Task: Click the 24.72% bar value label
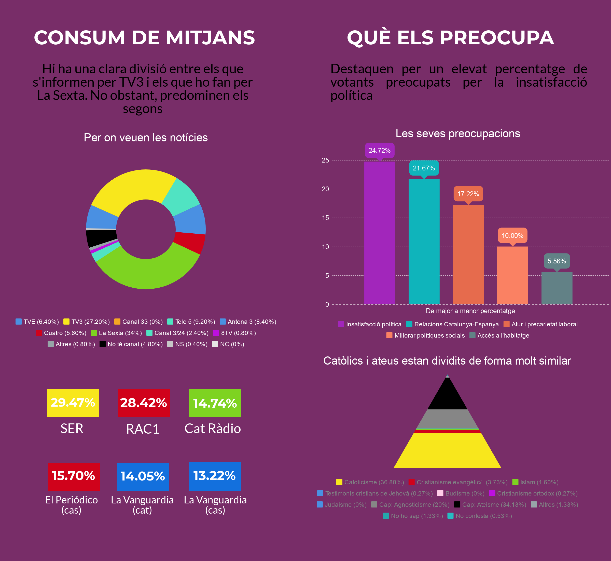pyautogui.click(x=380, y=151)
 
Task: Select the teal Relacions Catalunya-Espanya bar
pyautogui.click(x=424, y=242)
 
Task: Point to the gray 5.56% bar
pyautogui.click(x=557, y=288)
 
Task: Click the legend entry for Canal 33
pyautogui.click(x=139, y=322)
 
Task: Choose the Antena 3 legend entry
pyautogui.click(x=248, y=322)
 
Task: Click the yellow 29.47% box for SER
pyautogui.click(x=73, y=403)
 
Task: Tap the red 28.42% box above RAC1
pyautogui.click(x=144, y=403)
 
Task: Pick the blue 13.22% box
pyautogui.click(x=215, y=476)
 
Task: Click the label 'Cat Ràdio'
pyautogui.click(x=213, y=429)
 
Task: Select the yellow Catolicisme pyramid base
pyautogui.click(x=448, y=451)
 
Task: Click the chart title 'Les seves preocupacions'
pyautogui.click(x=458, y=133)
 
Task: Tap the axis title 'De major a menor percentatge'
pyautogui.click(x=470, y=311)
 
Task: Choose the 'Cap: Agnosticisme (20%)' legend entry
pyautogui.click(x=410, y=504)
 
